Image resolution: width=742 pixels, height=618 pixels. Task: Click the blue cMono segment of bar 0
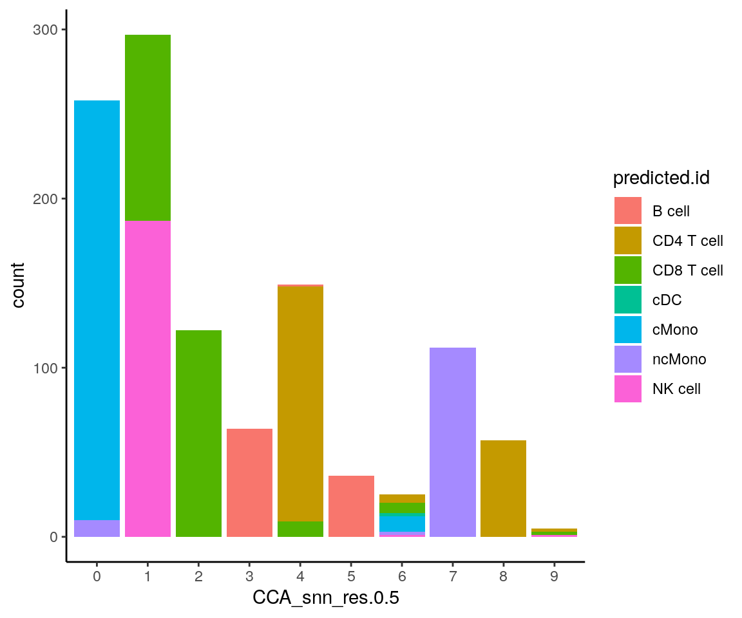[97, 309]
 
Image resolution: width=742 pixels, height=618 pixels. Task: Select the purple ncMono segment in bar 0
[97, 529]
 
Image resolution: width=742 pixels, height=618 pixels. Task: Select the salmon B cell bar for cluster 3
[249, 483]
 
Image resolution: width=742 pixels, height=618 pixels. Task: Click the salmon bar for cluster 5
[351, 506]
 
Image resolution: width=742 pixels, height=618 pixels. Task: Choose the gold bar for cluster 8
[504, 489]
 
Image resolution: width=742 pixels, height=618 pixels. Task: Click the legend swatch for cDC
[628, 300]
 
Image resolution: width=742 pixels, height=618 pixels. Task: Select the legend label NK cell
[676, 389]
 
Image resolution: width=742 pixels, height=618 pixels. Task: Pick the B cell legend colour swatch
[628, 211]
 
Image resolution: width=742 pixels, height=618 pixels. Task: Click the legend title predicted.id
[661, 178]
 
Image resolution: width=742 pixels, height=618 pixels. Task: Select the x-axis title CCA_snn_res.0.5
[325, 598]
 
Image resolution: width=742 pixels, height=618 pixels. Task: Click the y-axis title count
[19, 284]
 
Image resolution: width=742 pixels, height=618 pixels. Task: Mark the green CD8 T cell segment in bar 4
[300, 529]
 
